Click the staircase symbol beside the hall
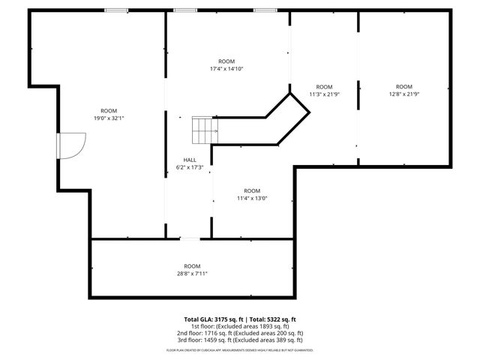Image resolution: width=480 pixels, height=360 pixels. [x=205, y=130]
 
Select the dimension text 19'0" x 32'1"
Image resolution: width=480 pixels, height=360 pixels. [x=109, y=118]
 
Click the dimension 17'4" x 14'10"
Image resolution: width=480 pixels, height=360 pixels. [x=226, y=68]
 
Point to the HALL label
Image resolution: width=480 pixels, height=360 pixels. [x=190, y=160]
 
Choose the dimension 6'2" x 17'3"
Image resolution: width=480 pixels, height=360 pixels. [x=190, y=167]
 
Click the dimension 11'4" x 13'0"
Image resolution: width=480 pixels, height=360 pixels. [x=252, y=198]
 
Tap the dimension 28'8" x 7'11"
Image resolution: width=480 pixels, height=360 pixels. [x=193, y=274]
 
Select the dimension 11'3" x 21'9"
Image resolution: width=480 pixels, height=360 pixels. [x=324, y=94]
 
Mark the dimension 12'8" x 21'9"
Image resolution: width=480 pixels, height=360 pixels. [x=404, y=94]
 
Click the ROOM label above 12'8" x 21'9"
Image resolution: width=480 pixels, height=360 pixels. [x=404, y=86]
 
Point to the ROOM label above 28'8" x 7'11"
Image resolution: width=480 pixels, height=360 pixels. [x=193, y=266]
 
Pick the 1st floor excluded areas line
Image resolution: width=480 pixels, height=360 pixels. [x=240, y=326]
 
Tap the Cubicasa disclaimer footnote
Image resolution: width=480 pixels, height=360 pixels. [x=240, y=349]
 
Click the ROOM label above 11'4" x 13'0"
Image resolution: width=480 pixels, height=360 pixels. [x=252, y=190]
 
